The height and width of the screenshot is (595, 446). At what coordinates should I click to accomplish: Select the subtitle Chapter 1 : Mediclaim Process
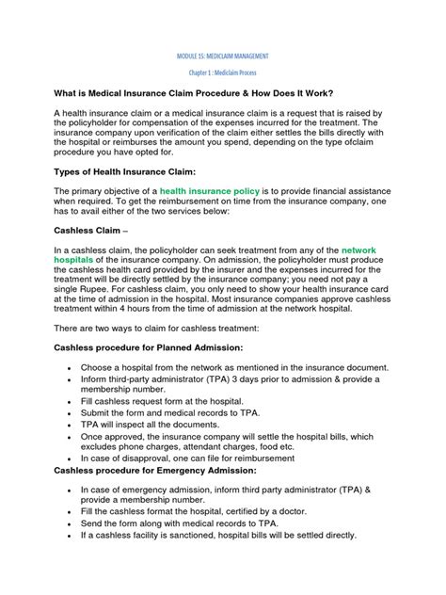tap(222, 72)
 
